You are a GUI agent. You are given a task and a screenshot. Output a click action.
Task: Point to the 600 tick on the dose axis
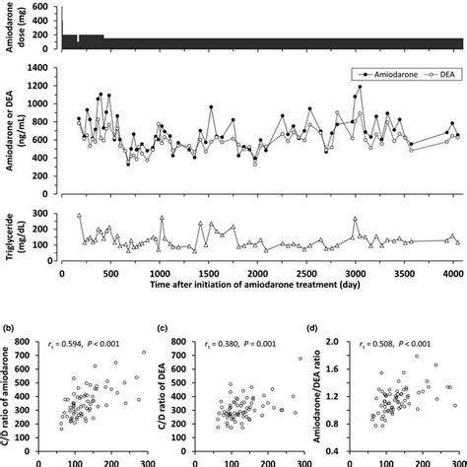point(47,6)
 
